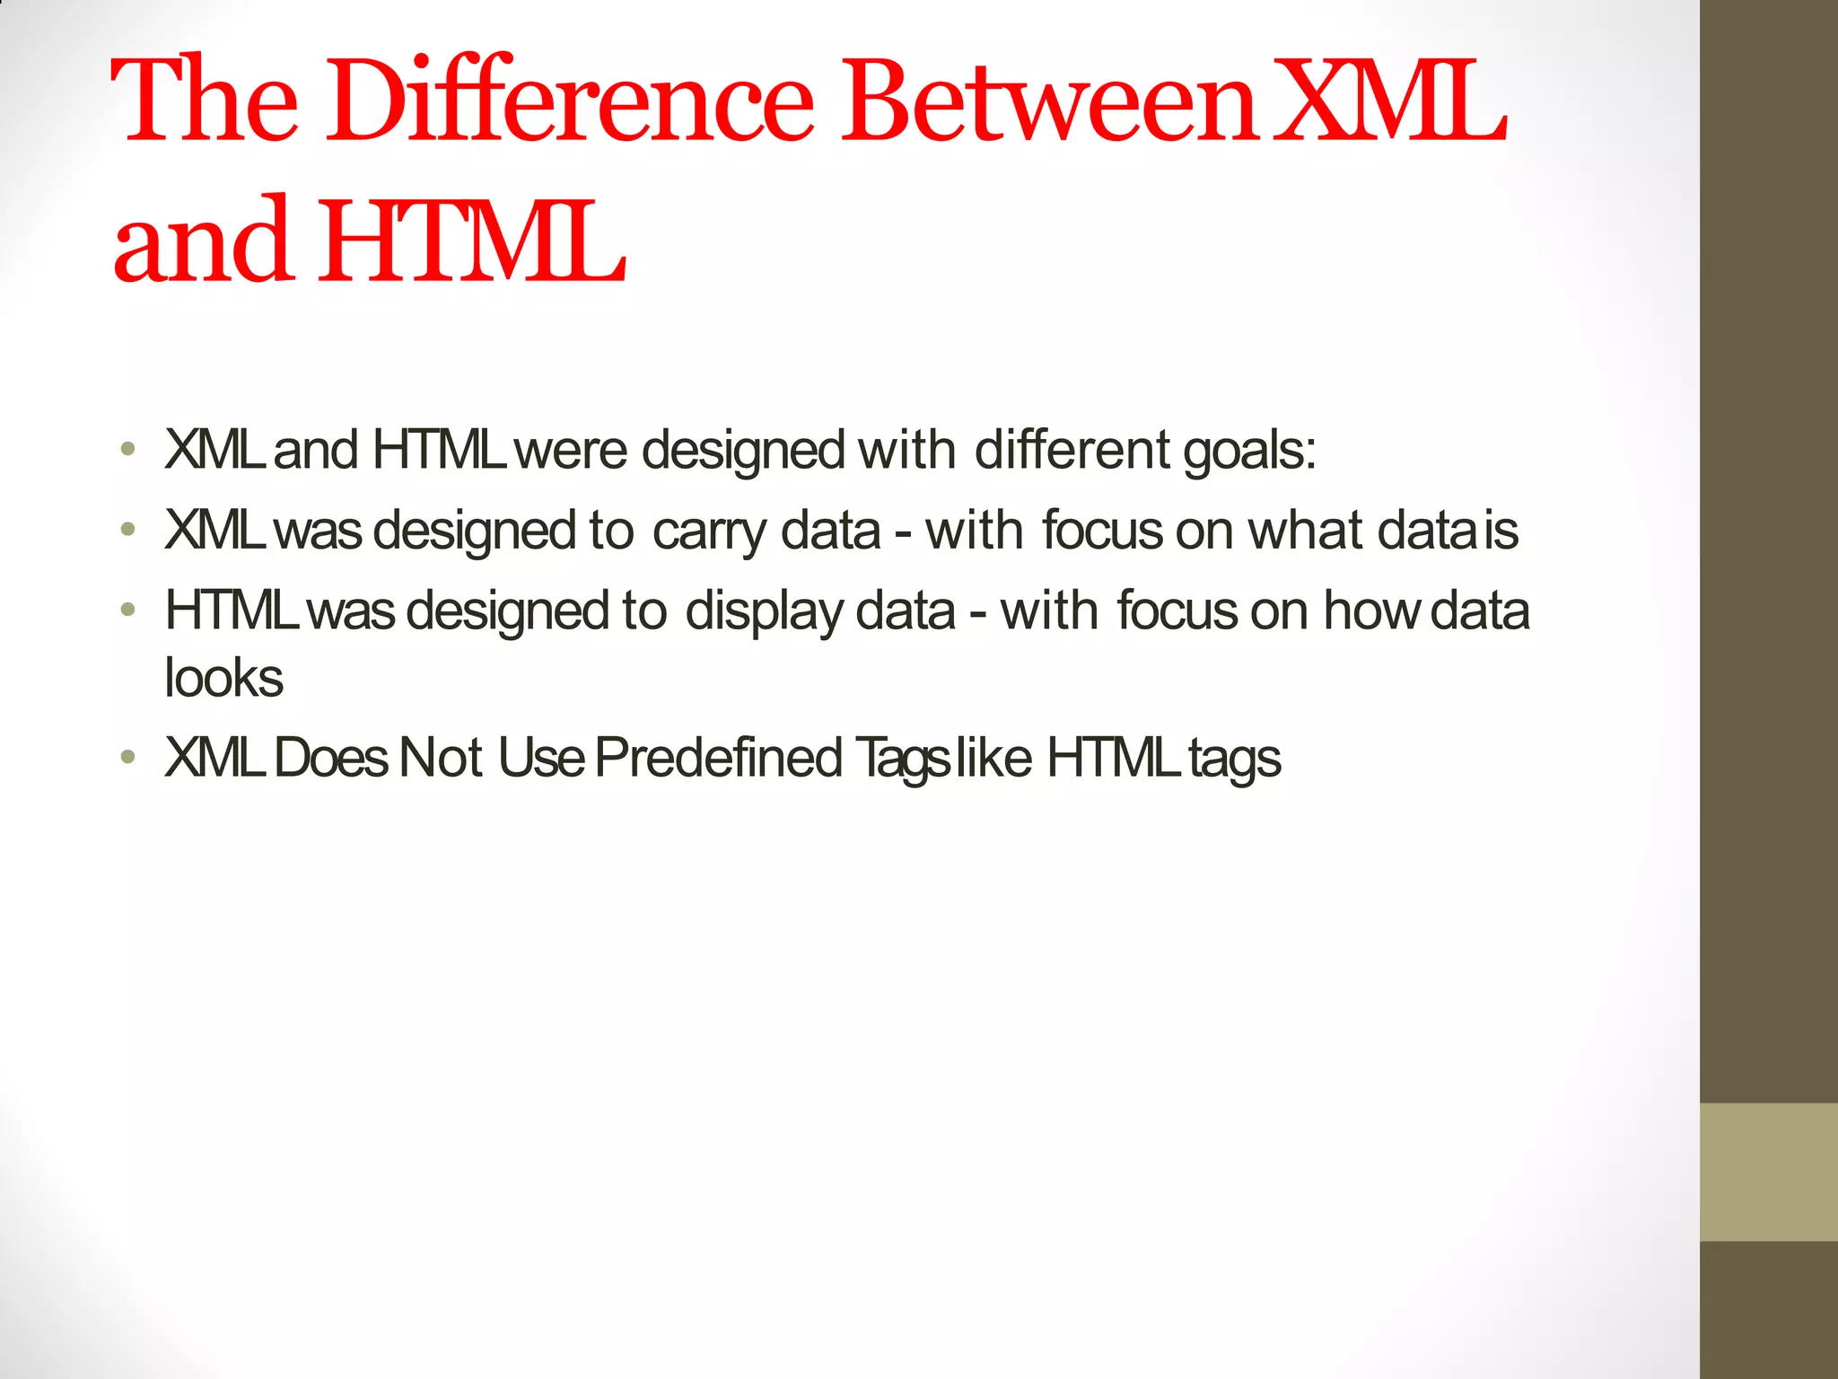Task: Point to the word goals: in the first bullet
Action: [1248, 451]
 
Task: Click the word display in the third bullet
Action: [764, 612]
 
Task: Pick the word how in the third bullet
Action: [1372, 611]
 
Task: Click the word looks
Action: [224, 678]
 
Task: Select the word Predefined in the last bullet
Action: [718, 758]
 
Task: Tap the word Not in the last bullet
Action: [441, 758]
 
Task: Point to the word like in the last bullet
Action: [994, 758]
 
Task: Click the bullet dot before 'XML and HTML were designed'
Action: [129, 450]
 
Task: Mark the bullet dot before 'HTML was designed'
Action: [129, 611]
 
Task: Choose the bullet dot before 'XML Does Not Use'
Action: [129, 759]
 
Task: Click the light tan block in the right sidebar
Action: [1768, 1172]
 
